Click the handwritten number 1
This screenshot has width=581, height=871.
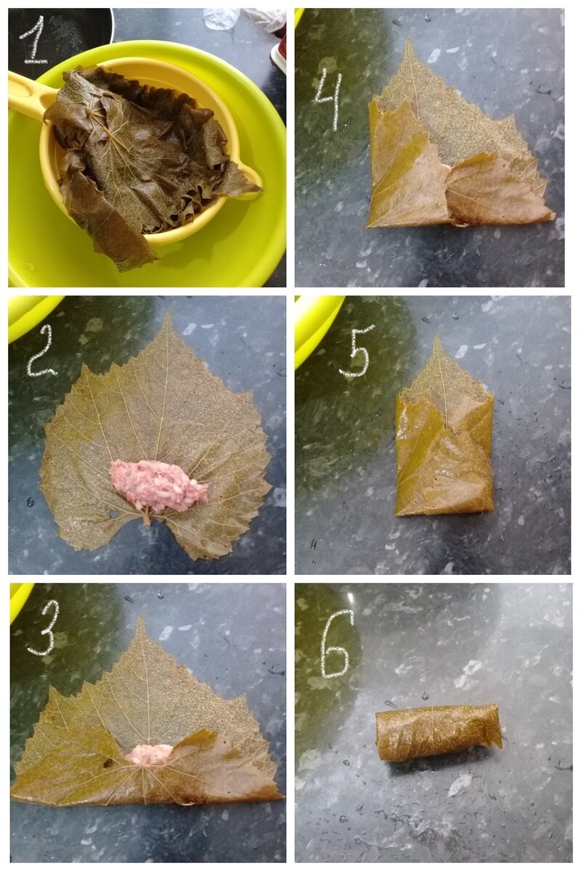[34, 41]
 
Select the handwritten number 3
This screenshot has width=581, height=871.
[44, 626]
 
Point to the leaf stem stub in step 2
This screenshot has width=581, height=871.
[147, 515]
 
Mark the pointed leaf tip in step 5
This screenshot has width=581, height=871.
[438, 335]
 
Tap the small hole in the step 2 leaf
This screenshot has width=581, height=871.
[113, 514]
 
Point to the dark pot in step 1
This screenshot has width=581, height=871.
[58, 34]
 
